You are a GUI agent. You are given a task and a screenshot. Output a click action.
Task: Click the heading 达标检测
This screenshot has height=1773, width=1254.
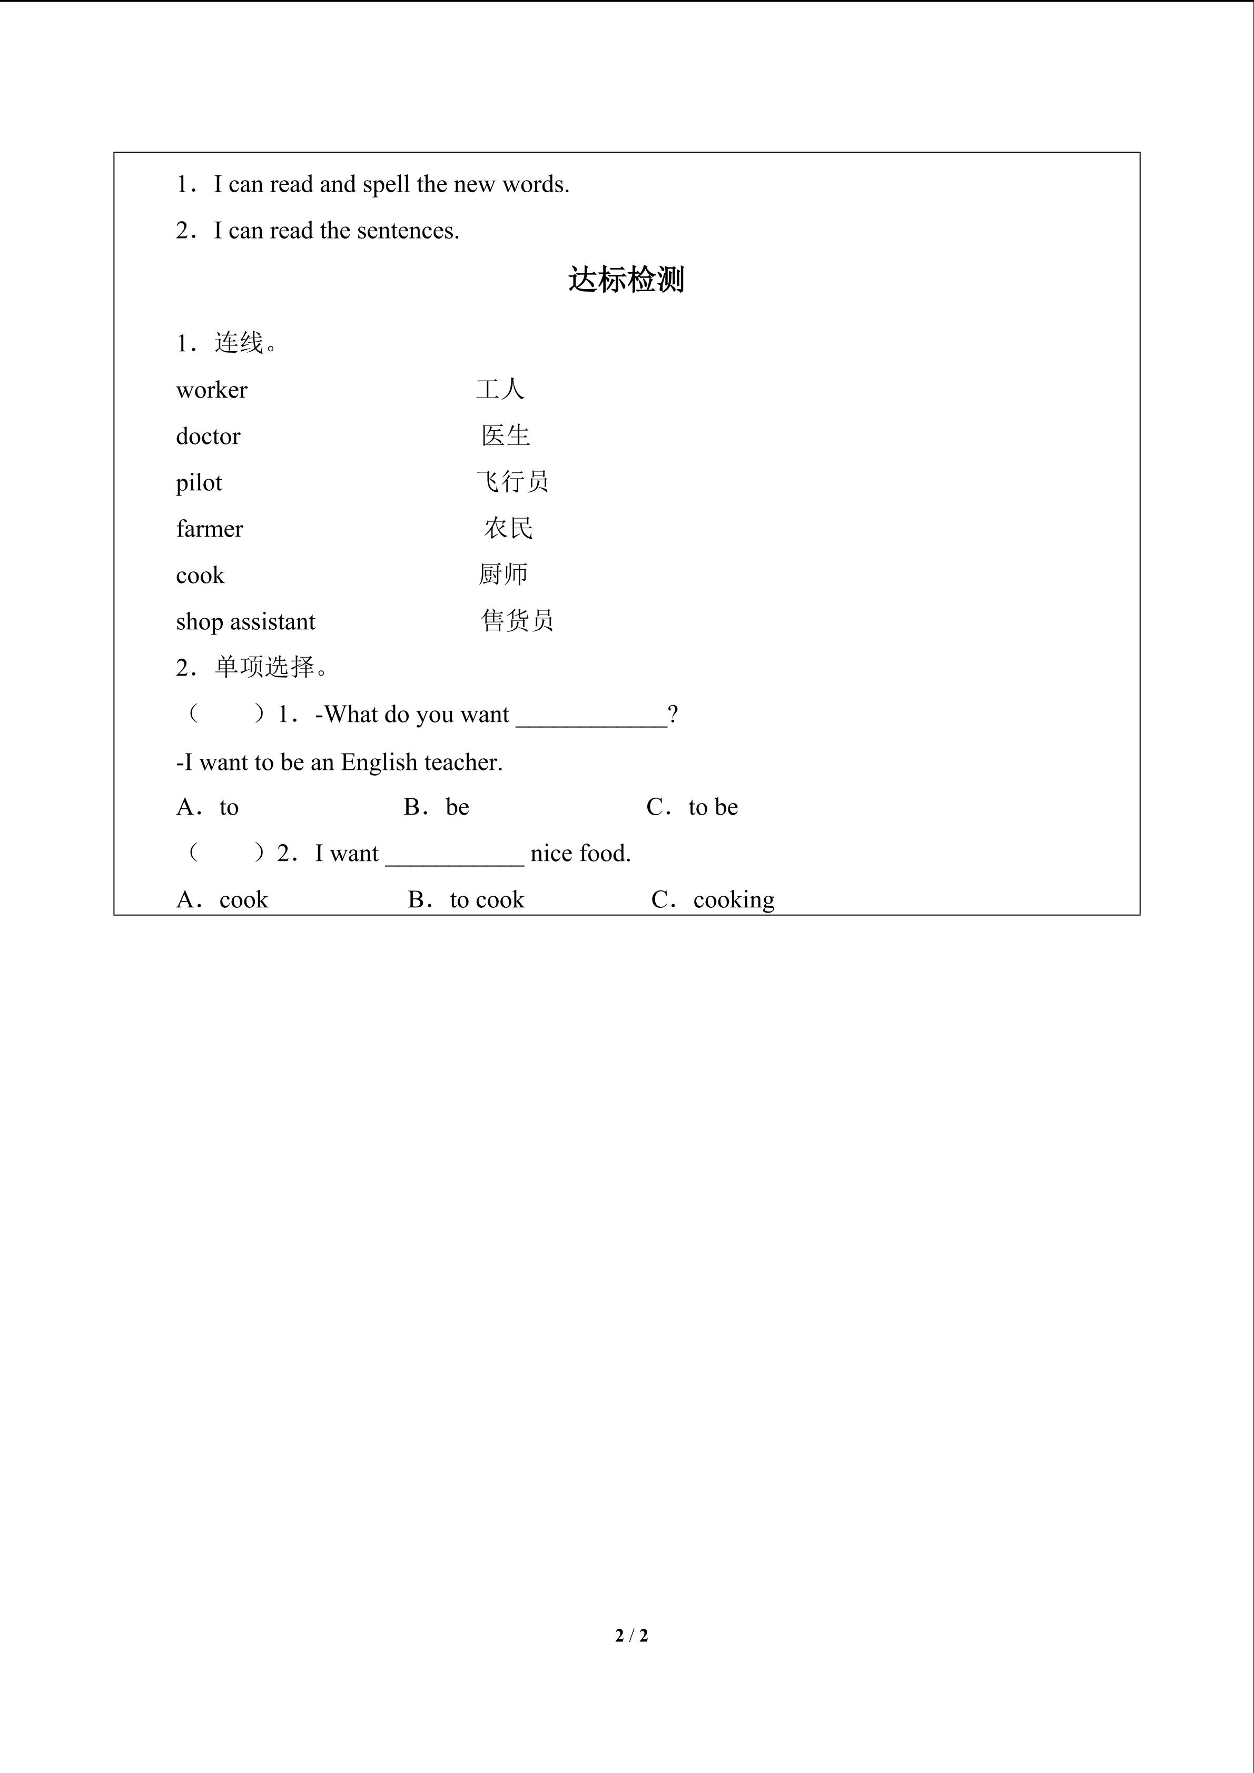click(x=626, y=280)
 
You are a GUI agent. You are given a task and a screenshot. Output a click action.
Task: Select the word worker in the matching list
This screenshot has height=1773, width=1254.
click(x=212, y=390)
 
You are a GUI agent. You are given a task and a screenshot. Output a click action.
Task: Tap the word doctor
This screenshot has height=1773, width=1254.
click(x=208, y=437)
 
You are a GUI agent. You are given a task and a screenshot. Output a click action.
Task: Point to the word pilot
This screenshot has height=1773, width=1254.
click(x=199, y=483)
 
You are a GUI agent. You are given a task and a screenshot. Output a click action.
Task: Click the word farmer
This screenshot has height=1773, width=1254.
click(x=209, y=529)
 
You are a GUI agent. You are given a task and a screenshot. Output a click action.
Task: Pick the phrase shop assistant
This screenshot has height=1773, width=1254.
click(x=245, y=622)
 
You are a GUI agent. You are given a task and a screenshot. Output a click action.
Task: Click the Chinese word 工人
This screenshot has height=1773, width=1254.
click(x=500, y=389)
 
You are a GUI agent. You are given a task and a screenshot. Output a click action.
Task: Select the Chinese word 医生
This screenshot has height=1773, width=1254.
click(x=505, y=435)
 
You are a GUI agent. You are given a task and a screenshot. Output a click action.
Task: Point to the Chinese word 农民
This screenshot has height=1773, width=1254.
click(x=508, y=528)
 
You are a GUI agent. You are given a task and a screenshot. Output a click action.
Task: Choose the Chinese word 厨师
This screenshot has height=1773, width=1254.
click(x=502, y=575)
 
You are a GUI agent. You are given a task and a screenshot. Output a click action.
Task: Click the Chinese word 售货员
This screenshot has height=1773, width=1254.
click(x=517, y=621)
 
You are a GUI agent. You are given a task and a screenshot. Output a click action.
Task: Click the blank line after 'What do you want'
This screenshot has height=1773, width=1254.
click(x=591, y=718)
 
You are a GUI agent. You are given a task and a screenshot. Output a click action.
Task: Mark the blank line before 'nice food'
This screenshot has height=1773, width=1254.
click(x=454, y=857)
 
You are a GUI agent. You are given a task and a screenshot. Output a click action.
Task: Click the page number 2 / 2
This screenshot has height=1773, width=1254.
click(x=631, y=1635)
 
